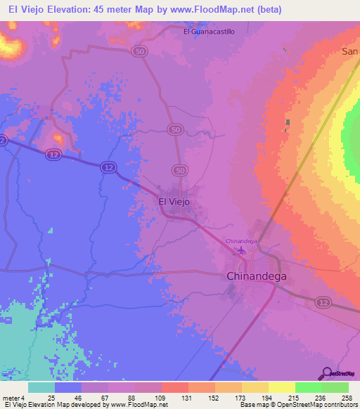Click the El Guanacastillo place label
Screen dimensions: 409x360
pos(209,32)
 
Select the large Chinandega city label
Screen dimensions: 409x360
pos(257,276)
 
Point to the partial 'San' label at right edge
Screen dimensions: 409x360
pos(350,51)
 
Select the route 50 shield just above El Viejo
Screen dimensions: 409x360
pos(181,170)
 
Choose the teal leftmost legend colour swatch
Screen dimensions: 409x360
pos(41,387)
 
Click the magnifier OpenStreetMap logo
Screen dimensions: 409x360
pos(326,372)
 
